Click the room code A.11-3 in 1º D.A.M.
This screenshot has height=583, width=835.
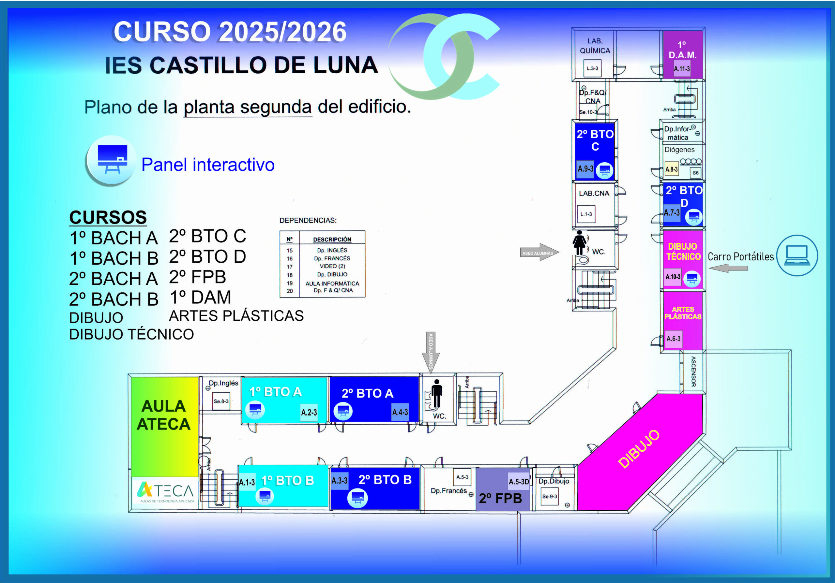coord(681,69)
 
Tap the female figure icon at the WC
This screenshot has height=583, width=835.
coord(579,243)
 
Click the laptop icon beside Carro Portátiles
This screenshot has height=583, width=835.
coord(797,255)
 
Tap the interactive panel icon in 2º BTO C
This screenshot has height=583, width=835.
coord(604,170)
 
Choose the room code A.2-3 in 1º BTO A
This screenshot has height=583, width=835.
coord(309,412)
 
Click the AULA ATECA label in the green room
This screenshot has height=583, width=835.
coord(163,415)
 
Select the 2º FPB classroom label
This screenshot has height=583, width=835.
coord(500,498)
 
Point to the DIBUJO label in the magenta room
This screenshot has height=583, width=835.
coord(639,449)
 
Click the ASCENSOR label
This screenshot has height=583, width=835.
coord(693,372)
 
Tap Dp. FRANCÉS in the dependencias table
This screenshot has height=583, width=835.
coord(332,258)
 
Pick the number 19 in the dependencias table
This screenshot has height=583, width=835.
coord(290,283)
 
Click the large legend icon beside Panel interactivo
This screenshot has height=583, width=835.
coord(111,160)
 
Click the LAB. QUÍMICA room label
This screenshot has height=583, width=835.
coord(595,46)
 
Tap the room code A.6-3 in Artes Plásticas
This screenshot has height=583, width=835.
coord(673,339)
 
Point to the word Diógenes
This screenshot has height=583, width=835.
coord(679,150)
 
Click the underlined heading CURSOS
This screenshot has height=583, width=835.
coord(108,217)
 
